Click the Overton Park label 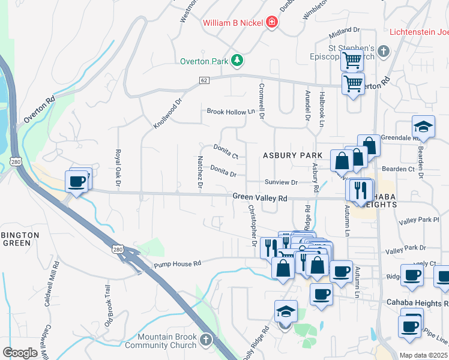coord(205,61)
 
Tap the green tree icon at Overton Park coord(238,60)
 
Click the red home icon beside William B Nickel coord(272,22)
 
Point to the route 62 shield coord(204,80)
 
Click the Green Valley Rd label coord(260,197)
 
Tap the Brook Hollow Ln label coord(231,112)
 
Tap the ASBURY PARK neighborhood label coord(292,155)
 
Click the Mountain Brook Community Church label coord(167,341)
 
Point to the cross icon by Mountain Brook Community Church coord(205,341)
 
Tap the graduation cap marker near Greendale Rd coord(423,127)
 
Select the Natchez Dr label coord(200,172)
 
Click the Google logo coord(20,352)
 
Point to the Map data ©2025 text coord(423,355)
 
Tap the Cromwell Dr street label coord(262,101)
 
